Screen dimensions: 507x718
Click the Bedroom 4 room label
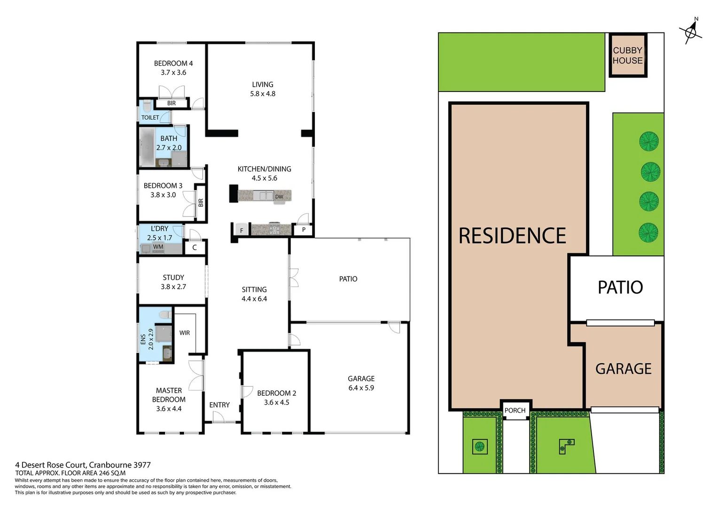173,63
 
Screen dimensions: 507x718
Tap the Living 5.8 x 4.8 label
263,89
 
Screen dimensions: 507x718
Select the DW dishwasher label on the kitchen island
279,197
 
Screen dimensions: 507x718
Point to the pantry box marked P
304,230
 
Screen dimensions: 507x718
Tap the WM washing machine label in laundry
158,247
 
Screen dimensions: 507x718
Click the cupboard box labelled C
195,247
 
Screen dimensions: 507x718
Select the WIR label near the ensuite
185,333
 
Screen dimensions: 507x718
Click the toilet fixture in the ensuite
165,315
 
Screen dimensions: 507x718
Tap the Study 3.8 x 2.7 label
173,282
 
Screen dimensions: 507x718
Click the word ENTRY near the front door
219,405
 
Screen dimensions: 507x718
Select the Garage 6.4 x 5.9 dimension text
361,388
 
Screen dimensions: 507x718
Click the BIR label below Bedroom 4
172,103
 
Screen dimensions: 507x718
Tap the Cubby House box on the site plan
628,55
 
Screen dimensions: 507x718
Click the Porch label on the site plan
515,410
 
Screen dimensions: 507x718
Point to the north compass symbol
690,32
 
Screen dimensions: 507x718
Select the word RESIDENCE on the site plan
512,236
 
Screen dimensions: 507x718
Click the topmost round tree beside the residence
649,141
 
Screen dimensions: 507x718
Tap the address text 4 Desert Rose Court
83,465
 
